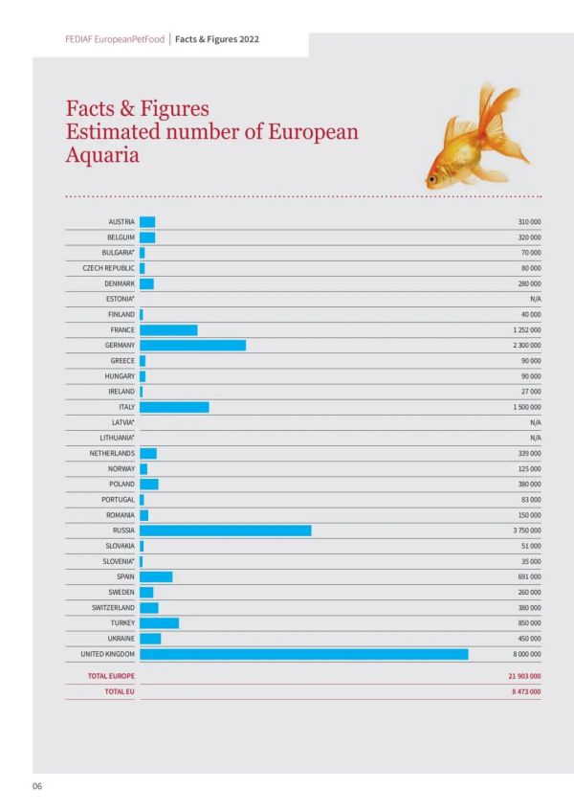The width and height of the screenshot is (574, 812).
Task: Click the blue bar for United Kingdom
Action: pyautogui.click(x=304, y=654)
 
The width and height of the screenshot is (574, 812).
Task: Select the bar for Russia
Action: pyautogui.click(x=226, y=530)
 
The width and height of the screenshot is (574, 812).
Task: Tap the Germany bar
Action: pyautogui.click(x=192, y=345)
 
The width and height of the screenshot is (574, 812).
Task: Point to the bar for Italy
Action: pyautogui.click(x=174, y=407)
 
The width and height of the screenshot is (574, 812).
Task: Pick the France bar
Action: pyautogui.click(x=168, y=329)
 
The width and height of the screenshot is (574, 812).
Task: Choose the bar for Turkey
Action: pyautogui.click(x=160, y=623)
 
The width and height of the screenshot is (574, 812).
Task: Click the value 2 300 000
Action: pyautogui.click(x=527, y=346)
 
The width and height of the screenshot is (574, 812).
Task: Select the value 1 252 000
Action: pyautogui.click(x=527, y=329)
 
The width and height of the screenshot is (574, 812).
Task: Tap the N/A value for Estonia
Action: pyautogui.click(x=536, y=299)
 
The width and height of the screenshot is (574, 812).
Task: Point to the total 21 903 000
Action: pyautogui.click(x=524, y=676)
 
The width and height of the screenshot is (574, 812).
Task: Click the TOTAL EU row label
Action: pyautogui.click(x=120, y=691)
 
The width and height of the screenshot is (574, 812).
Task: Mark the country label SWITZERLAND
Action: pyautogui.click(x=113, y=607)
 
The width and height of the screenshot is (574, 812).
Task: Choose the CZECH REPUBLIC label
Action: pyautogui.click(x=108, y=268)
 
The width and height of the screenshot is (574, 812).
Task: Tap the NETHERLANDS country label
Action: pyautogui.click(x=112, y=453)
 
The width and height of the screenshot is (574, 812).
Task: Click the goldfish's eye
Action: pyautogui.click(x=432, y=179)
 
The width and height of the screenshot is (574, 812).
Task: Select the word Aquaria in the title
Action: pyautogui.click(x=102, y=155)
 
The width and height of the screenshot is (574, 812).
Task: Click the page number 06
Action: pyautogui.click(x=37, y=786)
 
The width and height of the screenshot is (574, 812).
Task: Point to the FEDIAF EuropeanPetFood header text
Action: pyautogui.click(x=115, y=39)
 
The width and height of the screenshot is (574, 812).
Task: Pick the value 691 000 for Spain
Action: pyautogui.click(x=529, y=576)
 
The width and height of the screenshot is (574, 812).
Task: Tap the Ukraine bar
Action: pyautogui.click(x=150, y=639)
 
